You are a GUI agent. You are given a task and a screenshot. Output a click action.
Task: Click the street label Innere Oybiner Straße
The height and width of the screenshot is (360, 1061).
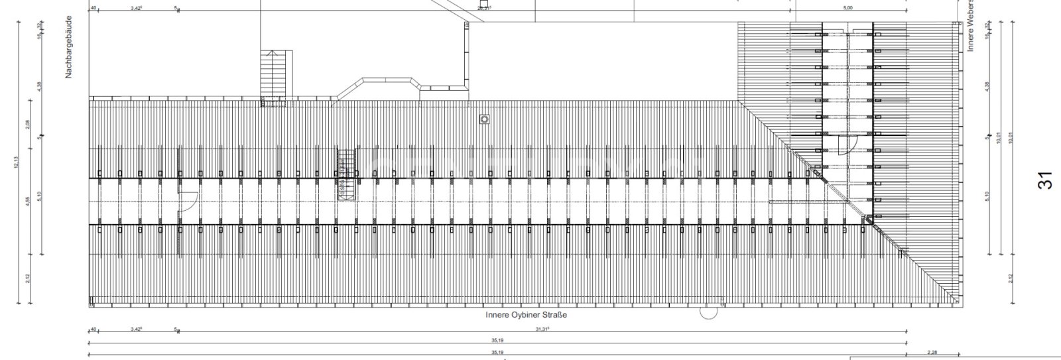[x=526, y=316]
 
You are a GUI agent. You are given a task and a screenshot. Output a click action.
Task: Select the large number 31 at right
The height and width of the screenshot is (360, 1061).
[x=1046, y=180]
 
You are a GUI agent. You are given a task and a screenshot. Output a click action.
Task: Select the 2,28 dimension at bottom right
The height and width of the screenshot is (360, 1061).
[x=932, y=353]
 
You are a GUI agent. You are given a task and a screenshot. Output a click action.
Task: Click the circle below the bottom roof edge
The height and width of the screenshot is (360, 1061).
[x=708, y=312]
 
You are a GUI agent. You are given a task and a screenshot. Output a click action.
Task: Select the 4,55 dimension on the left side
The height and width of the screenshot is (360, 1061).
[x=28, y=202]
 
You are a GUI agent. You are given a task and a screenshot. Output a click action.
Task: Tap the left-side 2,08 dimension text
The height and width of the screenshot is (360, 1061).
[x=28, y=125]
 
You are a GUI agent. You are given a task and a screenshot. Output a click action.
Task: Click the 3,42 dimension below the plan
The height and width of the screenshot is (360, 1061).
[x=136, y=329]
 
